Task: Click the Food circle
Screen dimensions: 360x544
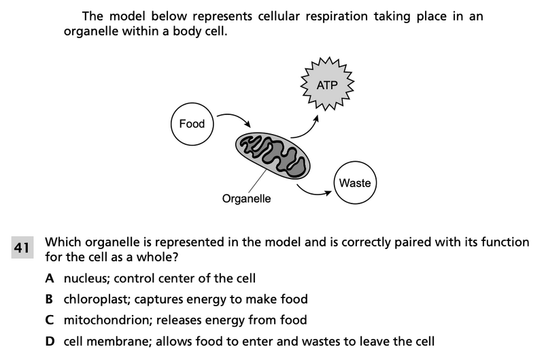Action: point(192,124)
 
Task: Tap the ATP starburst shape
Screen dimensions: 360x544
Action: point(327,85)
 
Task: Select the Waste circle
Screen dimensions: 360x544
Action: point(354,183)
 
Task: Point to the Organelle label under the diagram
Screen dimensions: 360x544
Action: point(246,199)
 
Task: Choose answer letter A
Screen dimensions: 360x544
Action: point(50,278)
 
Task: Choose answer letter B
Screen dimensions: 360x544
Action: point(50,299)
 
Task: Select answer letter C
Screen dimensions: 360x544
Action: point(50,320)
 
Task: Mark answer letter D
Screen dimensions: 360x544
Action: point(50,341)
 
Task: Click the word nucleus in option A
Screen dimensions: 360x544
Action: point(85,278)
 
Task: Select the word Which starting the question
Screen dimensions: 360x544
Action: point(62,242)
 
